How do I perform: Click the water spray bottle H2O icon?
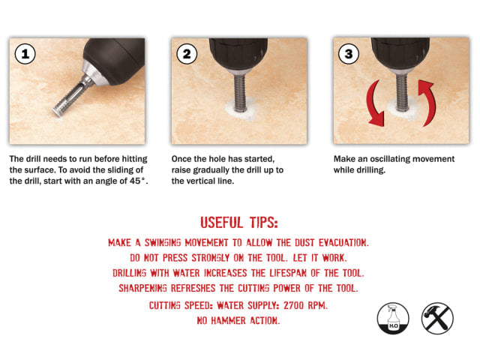point(393,318)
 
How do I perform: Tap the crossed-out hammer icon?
point(437,318)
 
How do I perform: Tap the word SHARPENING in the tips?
point(153,288)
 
